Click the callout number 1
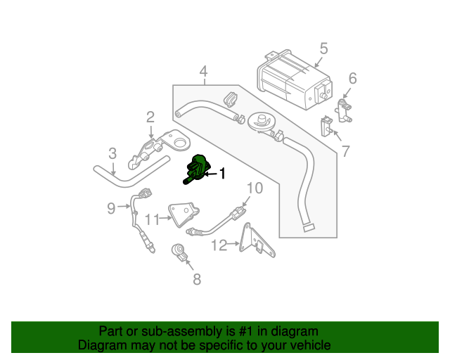(223, 173)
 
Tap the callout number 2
(150, 116)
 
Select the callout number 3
(112, 153)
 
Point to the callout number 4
(203, 71)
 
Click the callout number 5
(323, 49)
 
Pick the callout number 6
(353, 78)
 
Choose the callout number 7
(345, 150)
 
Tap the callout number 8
(196, 280)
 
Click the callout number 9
(110, 207)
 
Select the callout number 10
(254, 188)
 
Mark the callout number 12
(219, 245)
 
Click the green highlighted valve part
(197, 169)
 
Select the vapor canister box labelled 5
(288, 79)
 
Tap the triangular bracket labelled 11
(184, 215)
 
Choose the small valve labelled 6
(344, 109)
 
